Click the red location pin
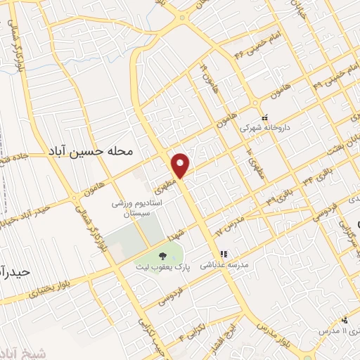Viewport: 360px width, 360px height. click(181, 165)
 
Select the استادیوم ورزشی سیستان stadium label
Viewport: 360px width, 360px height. click(138, 209)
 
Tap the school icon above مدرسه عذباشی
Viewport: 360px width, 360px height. click(224, 255)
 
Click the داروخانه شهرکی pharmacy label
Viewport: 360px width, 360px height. click(259, 129)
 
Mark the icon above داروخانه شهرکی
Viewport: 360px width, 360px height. click(265, 117)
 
